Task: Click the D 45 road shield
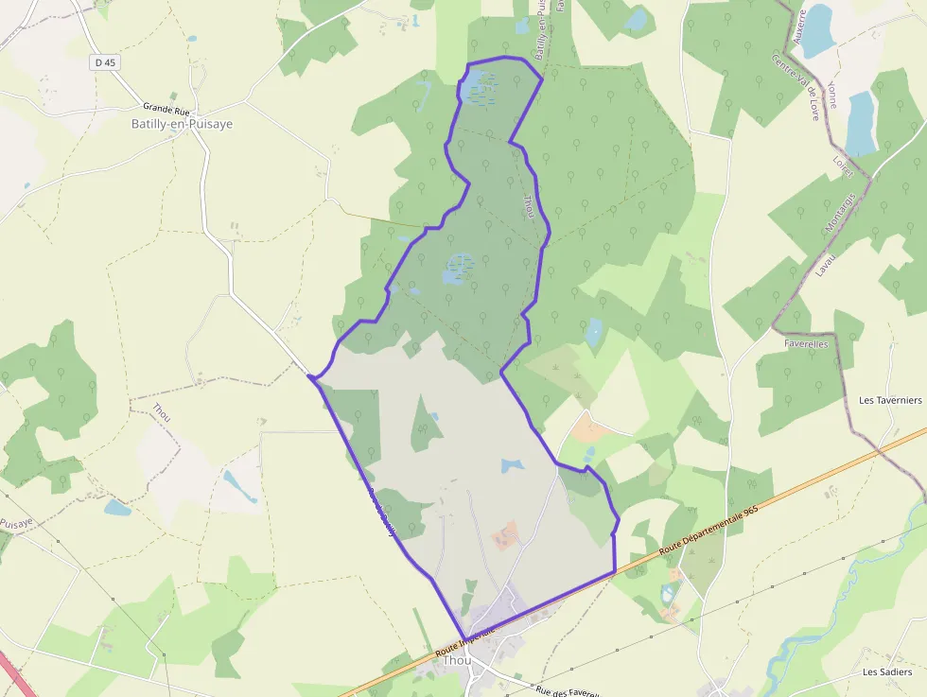point(105,62)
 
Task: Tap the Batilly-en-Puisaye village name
point(182,124)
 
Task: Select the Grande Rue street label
point(166,110)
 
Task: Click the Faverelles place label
point(806,344)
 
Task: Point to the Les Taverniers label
point(889,400)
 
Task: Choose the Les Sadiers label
point(887,671)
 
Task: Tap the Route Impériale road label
point(466,642)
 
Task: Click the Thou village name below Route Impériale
point(457,660)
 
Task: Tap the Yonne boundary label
point(831,94)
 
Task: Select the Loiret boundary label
point(843,167)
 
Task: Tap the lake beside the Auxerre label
point(816,31)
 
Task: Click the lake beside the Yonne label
point(860,123)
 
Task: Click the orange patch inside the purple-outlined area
point(506,535)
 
